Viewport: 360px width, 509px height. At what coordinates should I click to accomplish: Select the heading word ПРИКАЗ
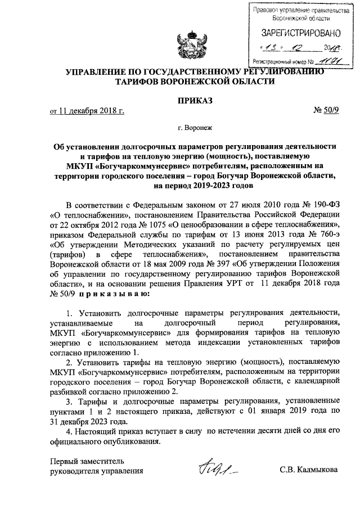pos(179,101)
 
